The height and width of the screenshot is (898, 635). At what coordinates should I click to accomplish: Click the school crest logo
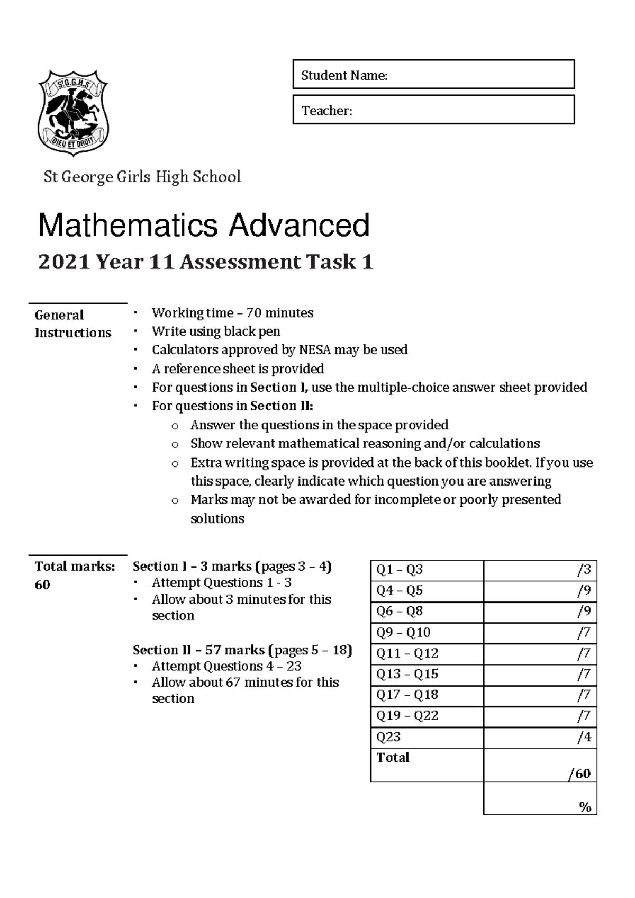click(x=73, y=113)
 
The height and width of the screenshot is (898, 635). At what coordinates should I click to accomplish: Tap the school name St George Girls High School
click(x=142, y=177)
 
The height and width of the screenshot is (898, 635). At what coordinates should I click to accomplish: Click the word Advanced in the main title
click(x=299, y=225)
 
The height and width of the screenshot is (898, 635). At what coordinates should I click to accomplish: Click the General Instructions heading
click(x=72, y=324)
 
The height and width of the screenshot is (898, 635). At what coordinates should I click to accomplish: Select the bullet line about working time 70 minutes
click(x=232, y=313)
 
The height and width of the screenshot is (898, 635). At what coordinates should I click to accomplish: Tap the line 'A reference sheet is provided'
click(x=238, y=369)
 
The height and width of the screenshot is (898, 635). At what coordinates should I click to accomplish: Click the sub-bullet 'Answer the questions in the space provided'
click(x=319, y=425)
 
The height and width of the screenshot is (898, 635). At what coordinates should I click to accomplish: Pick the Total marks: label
click(x=75, y=567)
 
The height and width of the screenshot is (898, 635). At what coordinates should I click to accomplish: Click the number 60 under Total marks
click(x=42, y=585)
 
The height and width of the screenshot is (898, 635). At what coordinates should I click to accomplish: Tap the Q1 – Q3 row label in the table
click(x=400, y=570)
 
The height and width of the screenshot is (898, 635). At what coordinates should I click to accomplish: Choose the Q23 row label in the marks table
click(x=388, y=737)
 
